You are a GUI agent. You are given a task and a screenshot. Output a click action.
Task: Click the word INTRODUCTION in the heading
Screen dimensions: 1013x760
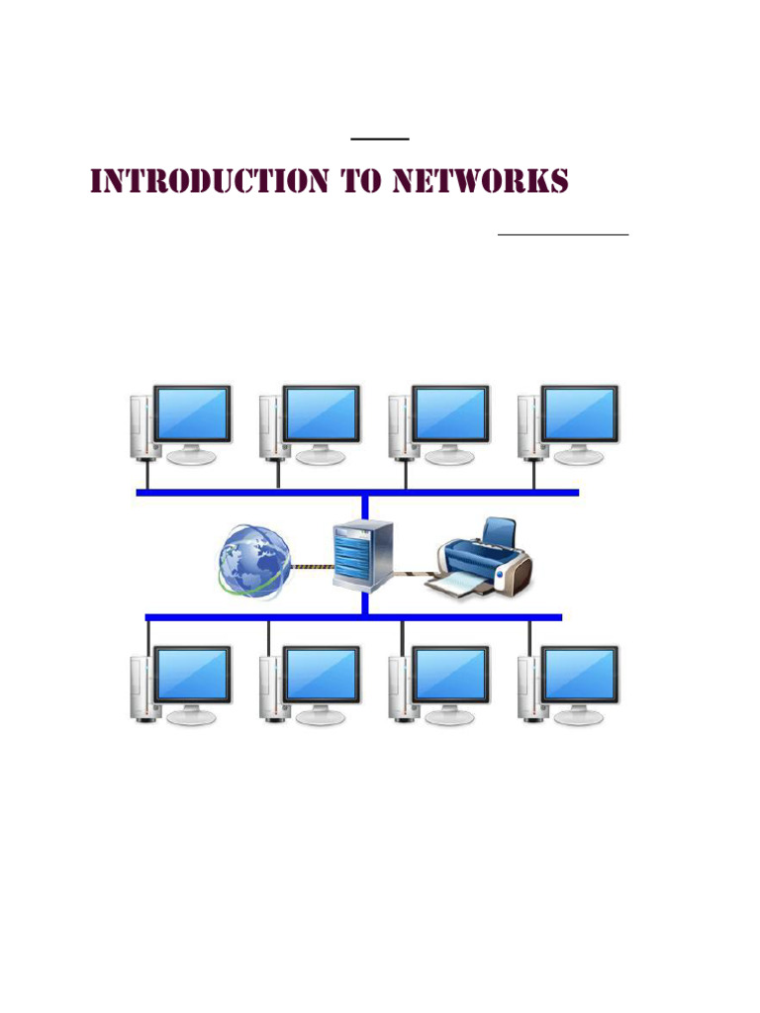pos(209,182)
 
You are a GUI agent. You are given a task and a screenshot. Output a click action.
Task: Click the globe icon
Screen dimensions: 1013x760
pos(254,561)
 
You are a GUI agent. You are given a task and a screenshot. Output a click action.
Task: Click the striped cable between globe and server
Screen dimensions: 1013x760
pos(311,567)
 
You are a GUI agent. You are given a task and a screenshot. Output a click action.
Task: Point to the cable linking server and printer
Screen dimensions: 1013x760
pos(412,573)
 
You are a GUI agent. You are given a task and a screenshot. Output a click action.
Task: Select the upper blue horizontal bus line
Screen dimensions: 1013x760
pos(356,492)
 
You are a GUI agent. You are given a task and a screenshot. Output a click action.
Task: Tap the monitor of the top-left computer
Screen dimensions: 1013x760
pos(192,414)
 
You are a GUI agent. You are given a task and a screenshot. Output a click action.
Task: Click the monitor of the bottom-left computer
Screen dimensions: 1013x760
pos(192,676)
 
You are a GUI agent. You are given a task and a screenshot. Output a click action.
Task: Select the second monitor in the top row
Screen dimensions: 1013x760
pos(322,414)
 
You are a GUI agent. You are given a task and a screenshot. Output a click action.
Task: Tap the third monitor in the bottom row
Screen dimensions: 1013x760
pos(451,676)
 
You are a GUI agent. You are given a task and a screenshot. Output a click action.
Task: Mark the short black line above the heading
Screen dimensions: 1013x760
pos(380,139)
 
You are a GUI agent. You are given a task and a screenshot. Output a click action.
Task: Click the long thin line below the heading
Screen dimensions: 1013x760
pos(562,234)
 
